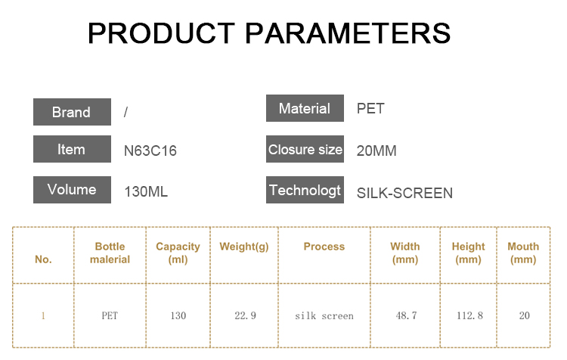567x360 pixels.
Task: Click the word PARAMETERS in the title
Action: [x=348, y=33]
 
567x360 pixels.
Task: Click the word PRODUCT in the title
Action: [x=161, y=33]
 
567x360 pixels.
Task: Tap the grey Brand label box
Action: [x=72, y=112]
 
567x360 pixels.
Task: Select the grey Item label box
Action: [x=72, y=149]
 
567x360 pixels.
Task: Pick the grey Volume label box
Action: [x=72, y=190]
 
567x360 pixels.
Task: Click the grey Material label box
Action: [x=305, y=108]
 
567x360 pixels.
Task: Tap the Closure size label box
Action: [x=305, y=149]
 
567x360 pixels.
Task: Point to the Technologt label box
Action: [x=305, y=190]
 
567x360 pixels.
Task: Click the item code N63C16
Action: [x=150, y=151]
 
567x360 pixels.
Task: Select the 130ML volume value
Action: [x=146, y=192]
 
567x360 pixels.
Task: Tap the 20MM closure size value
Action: [x=376, y=151]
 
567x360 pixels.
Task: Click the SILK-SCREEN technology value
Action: [x=404, y=193]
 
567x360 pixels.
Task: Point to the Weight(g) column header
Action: [x=244, y=247]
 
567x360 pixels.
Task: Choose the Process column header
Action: [x=324, y=247]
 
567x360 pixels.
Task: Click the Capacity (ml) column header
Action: [x=178, y=253]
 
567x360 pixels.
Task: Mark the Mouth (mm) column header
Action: [x=523, y=253]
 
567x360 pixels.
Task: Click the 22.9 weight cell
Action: [x=245, y=316]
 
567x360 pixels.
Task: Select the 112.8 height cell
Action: [x=469, y=316]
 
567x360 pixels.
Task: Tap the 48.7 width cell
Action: [x=406, y=316]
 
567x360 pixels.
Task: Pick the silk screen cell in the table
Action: [x=324, y=316]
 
